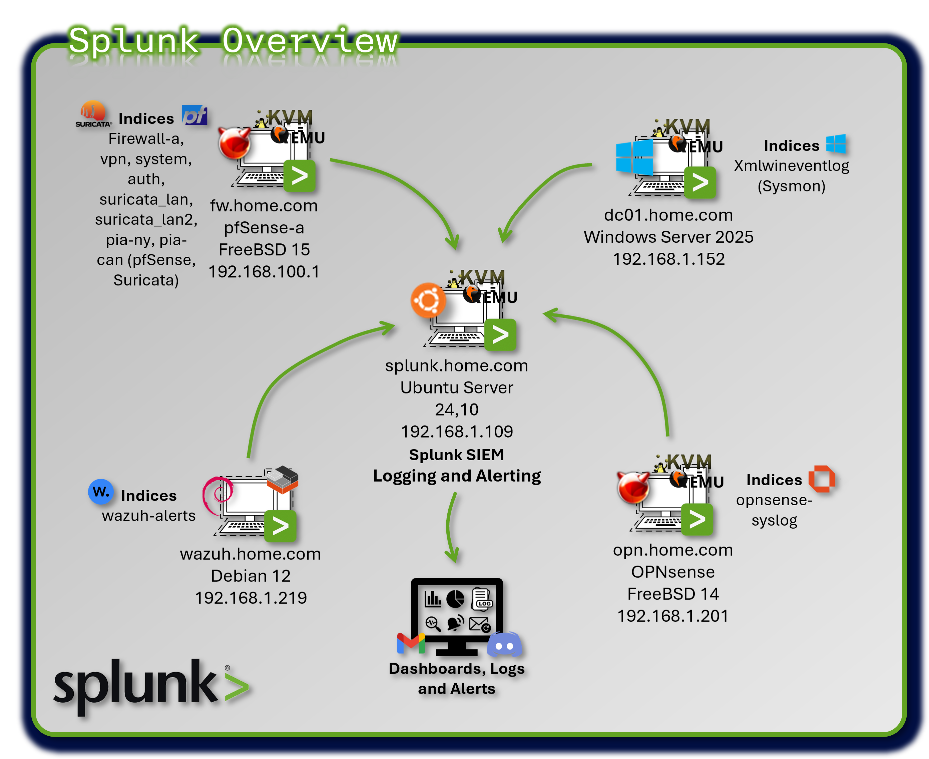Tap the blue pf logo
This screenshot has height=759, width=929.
[x=194, y=115]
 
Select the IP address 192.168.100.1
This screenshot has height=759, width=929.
[x=264, y=271]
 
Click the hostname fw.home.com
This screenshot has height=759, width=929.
[x=264, y=206]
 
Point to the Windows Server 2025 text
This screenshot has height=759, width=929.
[x=668, y=237]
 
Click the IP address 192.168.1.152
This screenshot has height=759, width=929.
[x=668, y=259]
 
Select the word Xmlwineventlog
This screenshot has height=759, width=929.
[x=791, y=166]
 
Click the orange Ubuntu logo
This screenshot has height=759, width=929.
[x=428, y=300]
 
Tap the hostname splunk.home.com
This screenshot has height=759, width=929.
[x=456, y=365]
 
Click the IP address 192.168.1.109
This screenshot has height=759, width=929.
[x=457, y=432]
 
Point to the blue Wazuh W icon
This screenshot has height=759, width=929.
[x=100, y=491]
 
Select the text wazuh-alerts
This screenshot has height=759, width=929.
[x=148, y=516]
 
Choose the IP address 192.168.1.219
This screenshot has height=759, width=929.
[x=251, y=598]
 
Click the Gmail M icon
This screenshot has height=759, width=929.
[x=411, y=643]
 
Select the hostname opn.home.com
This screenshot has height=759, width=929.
[x=672, y=550]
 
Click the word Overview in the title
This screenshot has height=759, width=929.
[x=310, y=41]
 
